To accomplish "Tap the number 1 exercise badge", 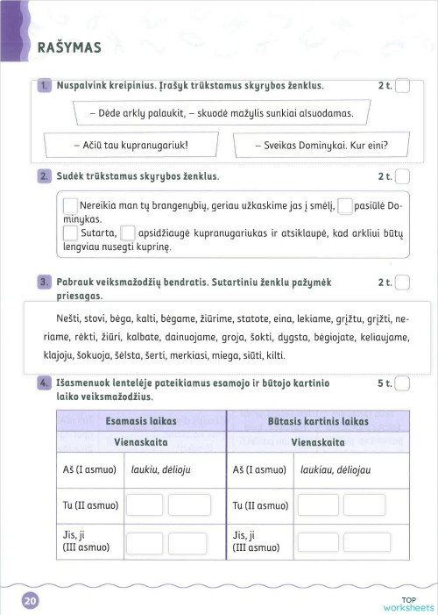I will click(x=46, y=86).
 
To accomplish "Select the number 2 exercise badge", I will click(x=46, y=176).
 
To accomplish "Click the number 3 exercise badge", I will click(x=46, y=282).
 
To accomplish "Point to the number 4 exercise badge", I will click(x=46, y=383).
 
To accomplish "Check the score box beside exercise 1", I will click(x=403, y=86).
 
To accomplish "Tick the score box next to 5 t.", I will click(x=403, y=383).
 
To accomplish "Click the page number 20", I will click(x=30, y=600).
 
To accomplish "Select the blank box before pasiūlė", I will click(x=345, y=206).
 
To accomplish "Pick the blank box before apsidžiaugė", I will click(x=127, y=233).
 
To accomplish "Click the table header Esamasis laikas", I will click(x=140, y=421).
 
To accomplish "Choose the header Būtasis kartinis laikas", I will click(x=317, y=421).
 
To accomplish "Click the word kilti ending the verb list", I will click(x=273, y=355).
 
